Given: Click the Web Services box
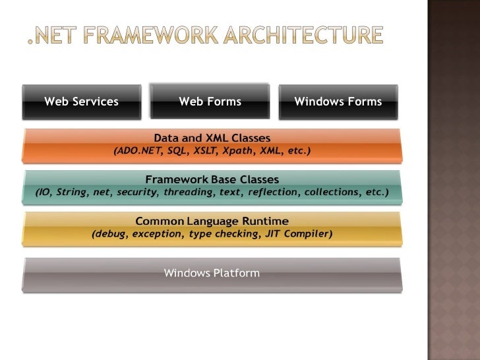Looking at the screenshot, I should pos(81,102).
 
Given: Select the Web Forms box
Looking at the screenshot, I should pos(210,102).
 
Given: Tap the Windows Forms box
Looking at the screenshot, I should pos(338,102).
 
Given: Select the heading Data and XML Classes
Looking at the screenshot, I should pos(212,138).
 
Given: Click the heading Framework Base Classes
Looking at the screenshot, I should pos(212,179).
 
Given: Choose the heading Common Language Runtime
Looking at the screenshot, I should pos(212,221).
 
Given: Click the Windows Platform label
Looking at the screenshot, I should pos(212,273).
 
